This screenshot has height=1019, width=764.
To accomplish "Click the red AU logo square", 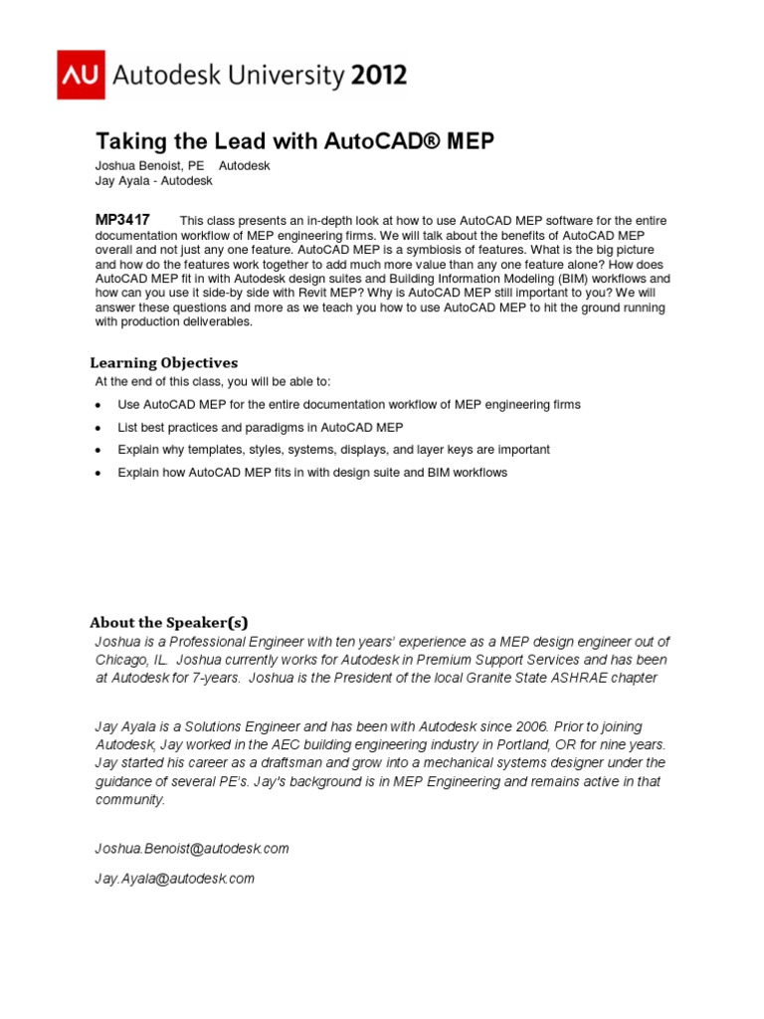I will click(x=81, y=75).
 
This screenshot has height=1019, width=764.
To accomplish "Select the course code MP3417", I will click(x=122, y=219).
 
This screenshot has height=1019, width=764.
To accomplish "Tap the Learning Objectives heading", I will click(x=164, y=362).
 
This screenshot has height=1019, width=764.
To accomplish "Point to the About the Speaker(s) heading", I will click(x=168, y=622).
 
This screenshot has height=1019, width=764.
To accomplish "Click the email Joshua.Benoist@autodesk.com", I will click(x=192, y=848).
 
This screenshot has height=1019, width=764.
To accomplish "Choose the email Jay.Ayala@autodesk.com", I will click(x=175, y=878).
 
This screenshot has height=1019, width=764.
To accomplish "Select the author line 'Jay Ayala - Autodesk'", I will click(x=153, y=181).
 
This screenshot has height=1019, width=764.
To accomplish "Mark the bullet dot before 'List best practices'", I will click(x=97, y=428).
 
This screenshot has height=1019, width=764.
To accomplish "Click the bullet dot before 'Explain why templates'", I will click(x=97, y=451).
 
